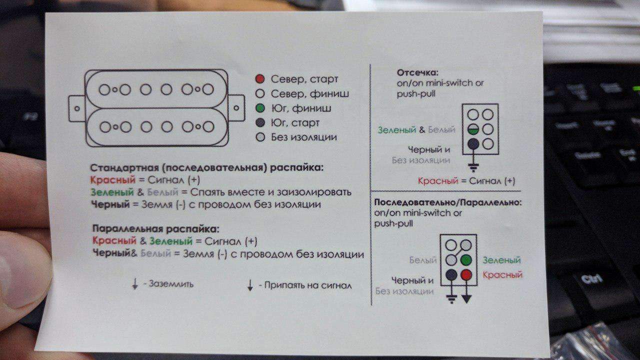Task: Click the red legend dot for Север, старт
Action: coord(259,79)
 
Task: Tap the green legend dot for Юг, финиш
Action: coord(260,108)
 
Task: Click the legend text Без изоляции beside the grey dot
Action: coord(303,137)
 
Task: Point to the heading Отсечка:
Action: coord(417,72)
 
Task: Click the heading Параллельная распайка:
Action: coord(156,229)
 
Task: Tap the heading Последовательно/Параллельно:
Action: coord(447,202)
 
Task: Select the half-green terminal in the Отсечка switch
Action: coord(473,129)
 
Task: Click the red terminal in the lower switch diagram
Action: coord(466,275)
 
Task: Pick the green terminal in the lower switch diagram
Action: coord(466,260)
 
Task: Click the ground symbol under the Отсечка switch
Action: coord(473,168)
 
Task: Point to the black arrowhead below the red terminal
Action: coord(466,299)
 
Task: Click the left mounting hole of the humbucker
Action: coord(77,108)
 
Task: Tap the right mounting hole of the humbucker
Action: coord(236,108)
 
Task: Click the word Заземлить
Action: coord(171,284)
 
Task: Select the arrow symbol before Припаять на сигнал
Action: coord(250,285)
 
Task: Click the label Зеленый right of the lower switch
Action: coord(501,260)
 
